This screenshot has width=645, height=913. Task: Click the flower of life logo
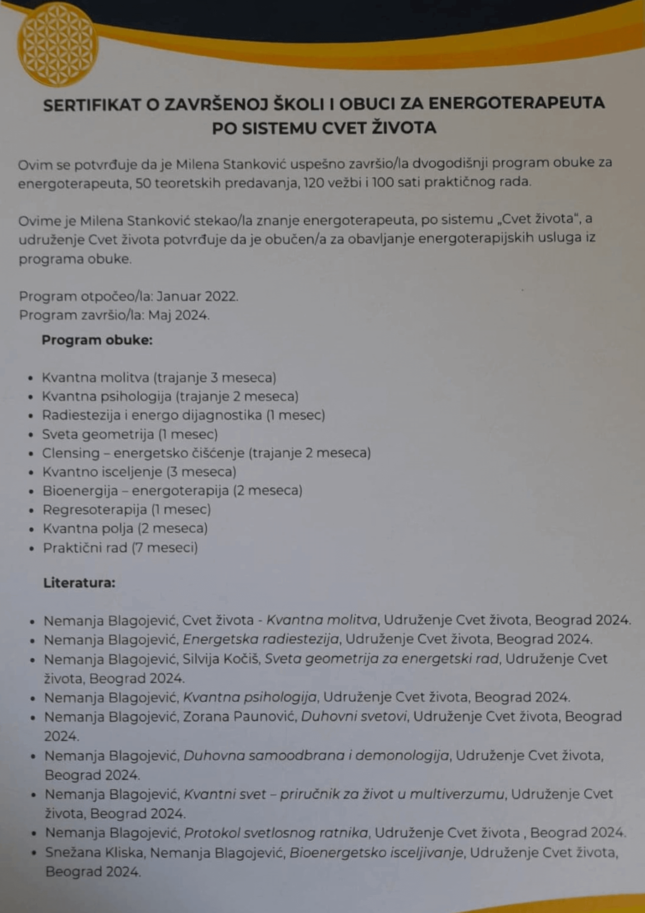[57, 44]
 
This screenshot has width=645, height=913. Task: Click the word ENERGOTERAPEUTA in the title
[516, 103]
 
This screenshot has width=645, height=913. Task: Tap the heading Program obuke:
[97, 340]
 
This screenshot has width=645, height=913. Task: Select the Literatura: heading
[79, 583]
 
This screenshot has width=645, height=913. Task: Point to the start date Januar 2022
[197, 296]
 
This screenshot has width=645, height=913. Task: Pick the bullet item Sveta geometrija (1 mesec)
[130, 434]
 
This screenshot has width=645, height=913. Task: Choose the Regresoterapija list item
[126, 509]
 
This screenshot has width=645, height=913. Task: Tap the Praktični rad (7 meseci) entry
[120, 548]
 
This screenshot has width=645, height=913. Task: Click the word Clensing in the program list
[71, 453]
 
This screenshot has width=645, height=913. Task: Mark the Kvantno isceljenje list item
[139, 472]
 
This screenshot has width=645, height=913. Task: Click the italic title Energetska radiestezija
[260, 640]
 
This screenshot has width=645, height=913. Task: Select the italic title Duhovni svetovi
[354, 717]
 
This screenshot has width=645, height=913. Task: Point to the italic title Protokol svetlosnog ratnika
[276, 833]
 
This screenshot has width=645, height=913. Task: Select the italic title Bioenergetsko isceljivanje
[376, 852]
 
